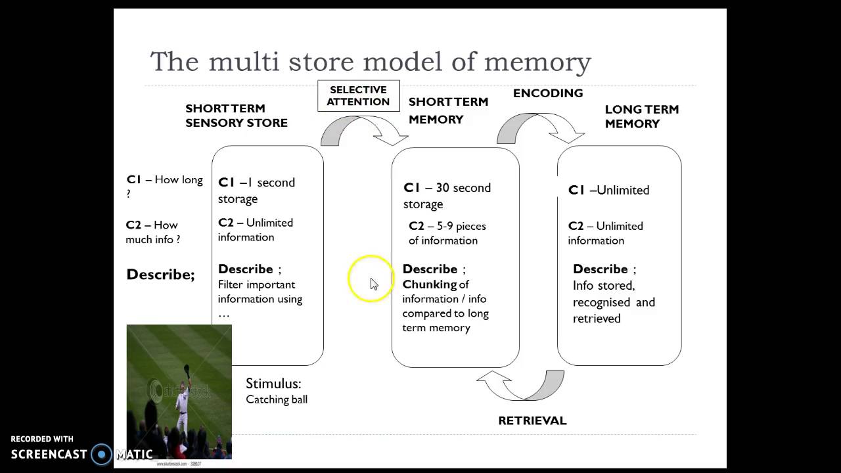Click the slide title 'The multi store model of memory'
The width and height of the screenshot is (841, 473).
coord(371,62)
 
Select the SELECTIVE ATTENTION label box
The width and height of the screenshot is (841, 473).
coord(358,96)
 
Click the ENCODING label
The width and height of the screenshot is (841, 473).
coord(548,93)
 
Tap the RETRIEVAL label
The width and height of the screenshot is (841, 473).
coord(532,420)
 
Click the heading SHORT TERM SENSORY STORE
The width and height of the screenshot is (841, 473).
coord(236,116)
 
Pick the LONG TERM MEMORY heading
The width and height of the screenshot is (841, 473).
coord(641,116)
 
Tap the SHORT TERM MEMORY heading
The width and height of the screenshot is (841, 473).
coord(448,110)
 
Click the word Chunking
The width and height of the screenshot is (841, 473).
coord(430,284)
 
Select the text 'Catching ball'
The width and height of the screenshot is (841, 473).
coord(277,399)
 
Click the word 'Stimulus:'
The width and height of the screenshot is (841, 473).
coord(273,384)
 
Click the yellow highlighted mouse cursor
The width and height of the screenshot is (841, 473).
coord(372,281)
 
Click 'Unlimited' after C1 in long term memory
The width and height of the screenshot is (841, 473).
coord(622,191)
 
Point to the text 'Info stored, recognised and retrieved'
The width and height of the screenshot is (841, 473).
coord(613,302)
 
